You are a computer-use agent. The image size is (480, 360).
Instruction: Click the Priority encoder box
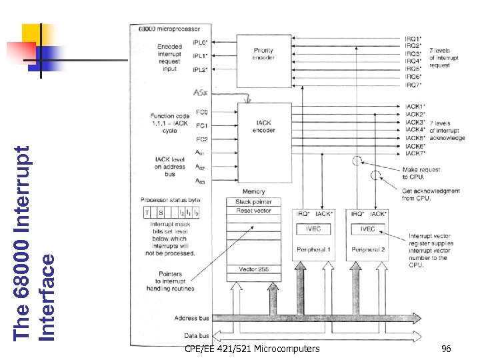pos(263,55)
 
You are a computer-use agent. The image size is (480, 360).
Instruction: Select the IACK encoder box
pos(263,127)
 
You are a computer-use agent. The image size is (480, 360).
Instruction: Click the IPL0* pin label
pos(200,41)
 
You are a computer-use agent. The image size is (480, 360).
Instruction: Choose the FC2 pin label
pos(201,139)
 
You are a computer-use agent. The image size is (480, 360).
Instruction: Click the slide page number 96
pos(446,349)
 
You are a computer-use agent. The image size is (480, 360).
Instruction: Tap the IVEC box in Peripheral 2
pos(368,229)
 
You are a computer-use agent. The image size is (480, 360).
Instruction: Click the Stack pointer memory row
pos(253,202)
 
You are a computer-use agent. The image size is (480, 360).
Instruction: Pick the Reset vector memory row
pos(253,211)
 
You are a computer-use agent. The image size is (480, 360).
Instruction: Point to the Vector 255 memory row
pos(253,269)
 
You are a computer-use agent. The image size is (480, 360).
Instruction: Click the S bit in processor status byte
pos(160,212)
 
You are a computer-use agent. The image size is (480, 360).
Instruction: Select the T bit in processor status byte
pos(148,212)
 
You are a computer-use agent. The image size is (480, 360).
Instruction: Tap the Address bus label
pos(191,319)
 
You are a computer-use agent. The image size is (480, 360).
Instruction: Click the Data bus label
pos(197,335)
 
